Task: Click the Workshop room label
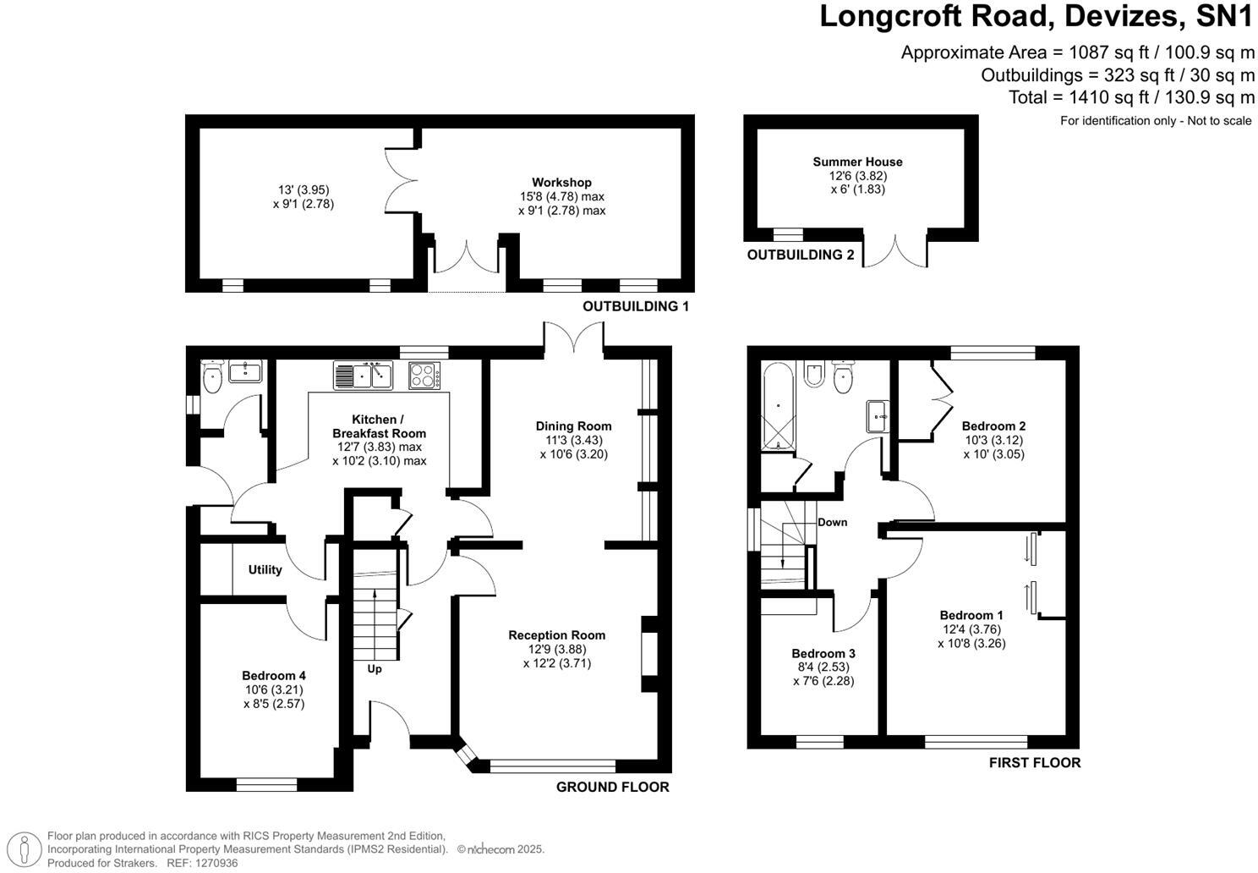click(x=561, y=182)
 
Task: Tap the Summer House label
click(x=857, y=162)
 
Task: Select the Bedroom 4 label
click(x=273, y=675)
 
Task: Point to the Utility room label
click(x=265, y=569)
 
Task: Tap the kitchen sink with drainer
click(x=364, y=375)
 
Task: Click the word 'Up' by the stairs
click(x=375, y=669)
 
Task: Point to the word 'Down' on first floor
click(x=832, y=522)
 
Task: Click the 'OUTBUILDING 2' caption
click(x=800, y=255)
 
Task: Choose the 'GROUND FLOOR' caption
click(x=612, y=787)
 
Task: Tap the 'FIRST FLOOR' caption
click(x=1034, y=762)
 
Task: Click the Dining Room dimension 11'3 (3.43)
click(x=573, y=440)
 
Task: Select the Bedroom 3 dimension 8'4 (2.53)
click(x=823, y=667)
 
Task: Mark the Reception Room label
click(x=556, y=635)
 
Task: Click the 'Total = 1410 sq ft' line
click(x=1130, y=97)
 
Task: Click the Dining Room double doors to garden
click(x=573, y=337)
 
